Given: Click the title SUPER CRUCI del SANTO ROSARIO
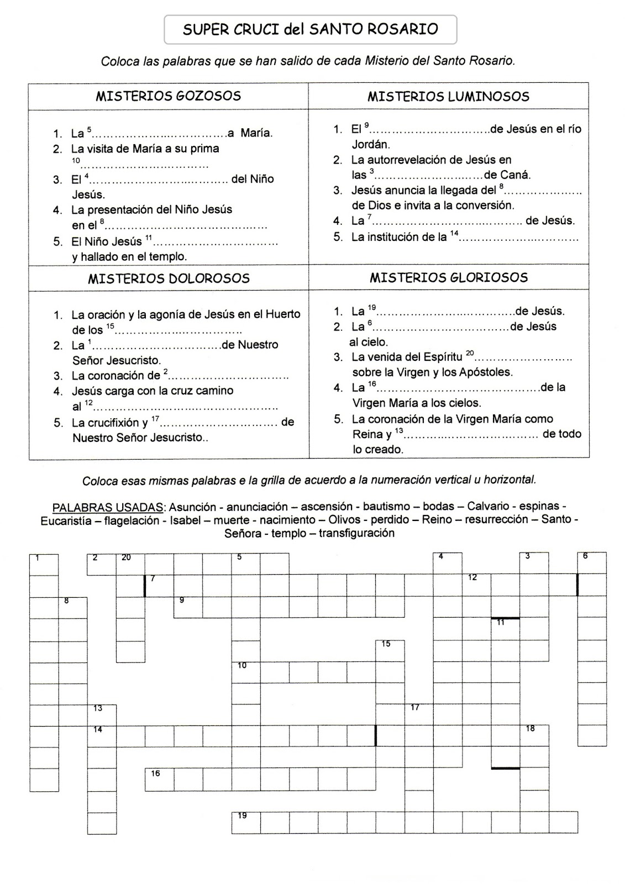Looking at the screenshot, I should point(310,29).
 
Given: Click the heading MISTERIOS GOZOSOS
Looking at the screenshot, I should point(168,96).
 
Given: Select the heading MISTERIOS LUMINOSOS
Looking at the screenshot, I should point(448,97).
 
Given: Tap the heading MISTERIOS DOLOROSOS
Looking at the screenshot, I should point(169,278).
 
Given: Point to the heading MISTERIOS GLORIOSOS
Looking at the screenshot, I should point(449,277).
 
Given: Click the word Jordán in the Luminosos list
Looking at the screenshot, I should point(371,145).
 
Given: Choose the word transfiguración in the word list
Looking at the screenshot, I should point(356,534).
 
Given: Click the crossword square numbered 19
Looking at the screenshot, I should point(245,822).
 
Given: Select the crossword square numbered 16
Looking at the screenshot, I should point(159,779).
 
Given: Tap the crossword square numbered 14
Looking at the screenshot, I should point(102,736).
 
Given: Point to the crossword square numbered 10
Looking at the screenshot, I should point(245,672).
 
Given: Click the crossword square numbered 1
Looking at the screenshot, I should point(44,564).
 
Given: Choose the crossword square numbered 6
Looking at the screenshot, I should point(592,563).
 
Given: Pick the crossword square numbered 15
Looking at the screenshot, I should point(390,650).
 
